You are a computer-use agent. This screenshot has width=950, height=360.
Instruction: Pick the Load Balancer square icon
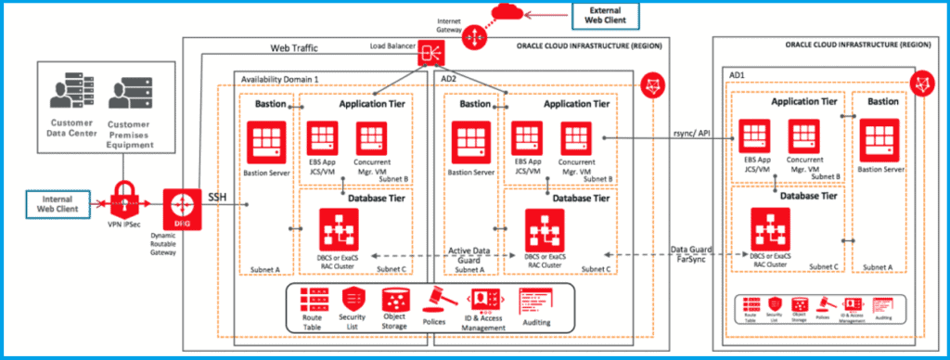[432, 52]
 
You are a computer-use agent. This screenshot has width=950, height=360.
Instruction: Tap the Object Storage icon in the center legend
[395, 299]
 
